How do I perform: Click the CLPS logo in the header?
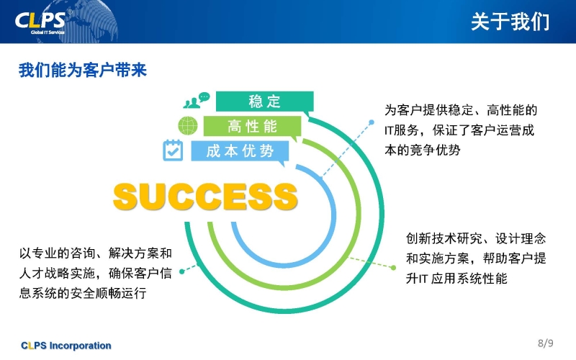(40, 23)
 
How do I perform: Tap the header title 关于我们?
(510, 22)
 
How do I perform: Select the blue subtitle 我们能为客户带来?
(83, 70)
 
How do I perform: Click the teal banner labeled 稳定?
(264, 101)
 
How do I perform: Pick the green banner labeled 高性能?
(253, 126)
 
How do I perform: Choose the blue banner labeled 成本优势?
(240, 150)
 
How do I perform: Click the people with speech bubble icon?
(196, 100)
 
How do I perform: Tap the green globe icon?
(188, 125)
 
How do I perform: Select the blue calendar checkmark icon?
(173, 150)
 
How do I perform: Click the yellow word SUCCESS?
(205, 197)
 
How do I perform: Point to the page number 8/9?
(546, 343)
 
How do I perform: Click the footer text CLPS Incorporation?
(66, 346)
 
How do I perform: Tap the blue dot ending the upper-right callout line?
(372, 122)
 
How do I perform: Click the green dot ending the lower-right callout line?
(393, 268)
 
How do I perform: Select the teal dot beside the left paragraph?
(182, 271)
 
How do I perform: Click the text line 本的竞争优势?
(422, 150)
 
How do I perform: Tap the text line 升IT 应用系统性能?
(456, 279)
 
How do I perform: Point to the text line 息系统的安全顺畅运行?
(83, 293)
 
